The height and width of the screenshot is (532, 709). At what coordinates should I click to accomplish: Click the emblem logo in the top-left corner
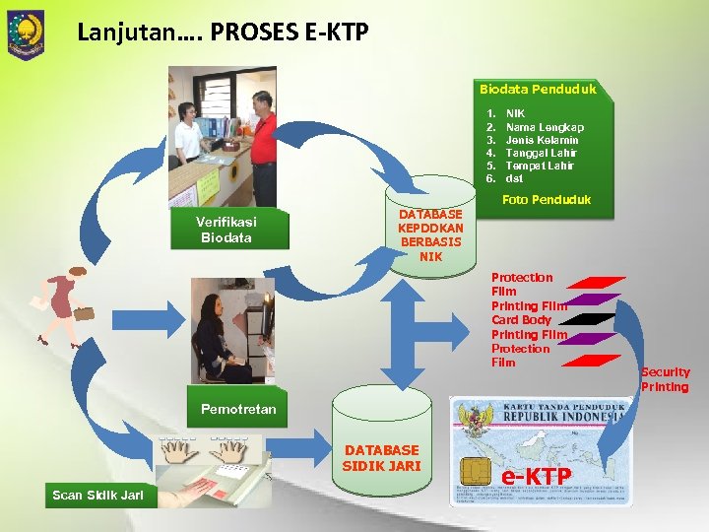coord(26,33)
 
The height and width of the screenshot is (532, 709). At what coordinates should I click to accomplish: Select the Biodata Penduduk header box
coord(538,90)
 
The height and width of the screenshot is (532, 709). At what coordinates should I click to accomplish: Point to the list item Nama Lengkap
coord(544,127)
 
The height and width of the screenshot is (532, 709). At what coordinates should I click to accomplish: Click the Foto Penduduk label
coord(546,200)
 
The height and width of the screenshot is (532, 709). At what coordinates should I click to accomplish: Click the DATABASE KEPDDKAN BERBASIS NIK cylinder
coord(430,233)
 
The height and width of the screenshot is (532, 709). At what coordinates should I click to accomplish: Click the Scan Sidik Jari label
coord(97,495)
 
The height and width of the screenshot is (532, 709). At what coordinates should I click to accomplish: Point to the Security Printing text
coord(665,379)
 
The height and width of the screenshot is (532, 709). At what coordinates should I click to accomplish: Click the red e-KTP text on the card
coord(537,477)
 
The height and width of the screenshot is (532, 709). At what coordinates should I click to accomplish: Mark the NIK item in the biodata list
coord(515,114)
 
